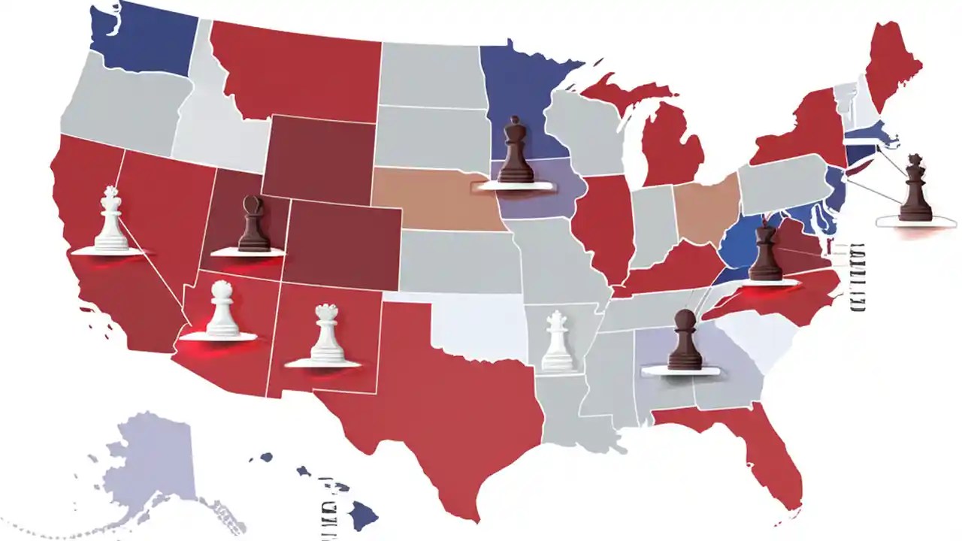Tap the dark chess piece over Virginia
coord(766,253)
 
